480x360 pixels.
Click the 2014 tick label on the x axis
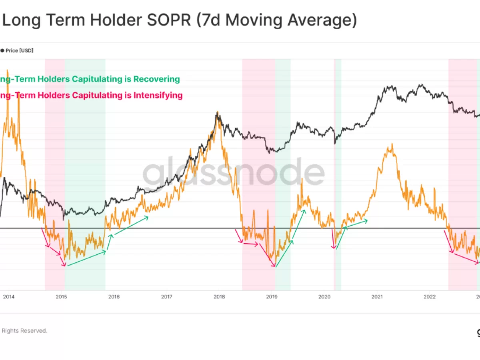[x=8, y=297]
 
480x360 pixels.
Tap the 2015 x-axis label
[x=61, y=297]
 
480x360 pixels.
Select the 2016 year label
[x=114, y=297]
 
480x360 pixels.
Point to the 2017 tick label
[x=166, y=297]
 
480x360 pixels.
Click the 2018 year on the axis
[x=219, y=297]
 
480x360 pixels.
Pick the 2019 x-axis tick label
[x=272, y=297]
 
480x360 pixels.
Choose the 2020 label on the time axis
[x=324, y=297]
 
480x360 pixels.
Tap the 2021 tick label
[x=377, y=297]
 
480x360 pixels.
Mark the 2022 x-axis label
[x=430, y=297]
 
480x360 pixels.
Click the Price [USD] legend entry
[x=19, y=51]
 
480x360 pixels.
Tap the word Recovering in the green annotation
[x=156, y=79]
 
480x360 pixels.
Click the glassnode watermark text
[x=234, y=173]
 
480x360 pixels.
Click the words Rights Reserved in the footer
[x=24, y=331]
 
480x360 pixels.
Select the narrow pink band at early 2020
[x=334, y=200]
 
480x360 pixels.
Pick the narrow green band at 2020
[x=338, y=200]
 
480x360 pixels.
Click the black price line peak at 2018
[x=217, y=113]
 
